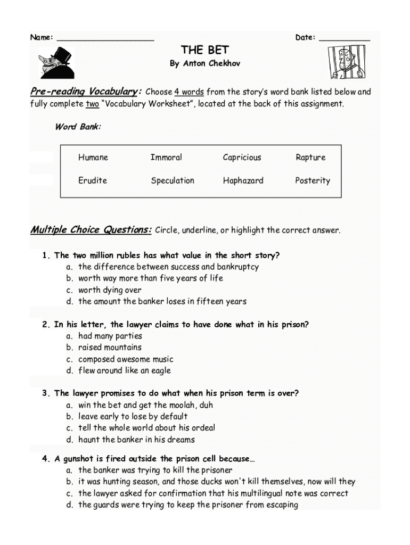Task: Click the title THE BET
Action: click(205, 50)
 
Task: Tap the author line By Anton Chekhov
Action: click(205, 63)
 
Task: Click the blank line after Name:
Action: click(105, 39)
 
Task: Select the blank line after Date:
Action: click(345, 39)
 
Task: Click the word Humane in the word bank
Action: click(93, 158)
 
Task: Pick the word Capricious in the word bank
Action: click(242, 158)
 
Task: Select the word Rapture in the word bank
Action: click(310, 158)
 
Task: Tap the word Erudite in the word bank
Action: click(93, 180)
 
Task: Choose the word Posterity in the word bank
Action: click(313, 180)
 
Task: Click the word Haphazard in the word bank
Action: click(243, 180)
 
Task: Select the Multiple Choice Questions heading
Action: click(91, 230)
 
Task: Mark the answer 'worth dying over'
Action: click(109, 290)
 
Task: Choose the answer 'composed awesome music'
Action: click(126, 359)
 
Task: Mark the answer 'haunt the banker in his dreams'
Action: click(136, 440)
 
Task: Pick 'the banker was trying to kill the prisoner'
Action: click(155, 470)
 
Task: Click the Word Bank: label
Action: click(78, 127)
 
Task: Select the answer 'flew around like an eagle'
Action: click(125, 370)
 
